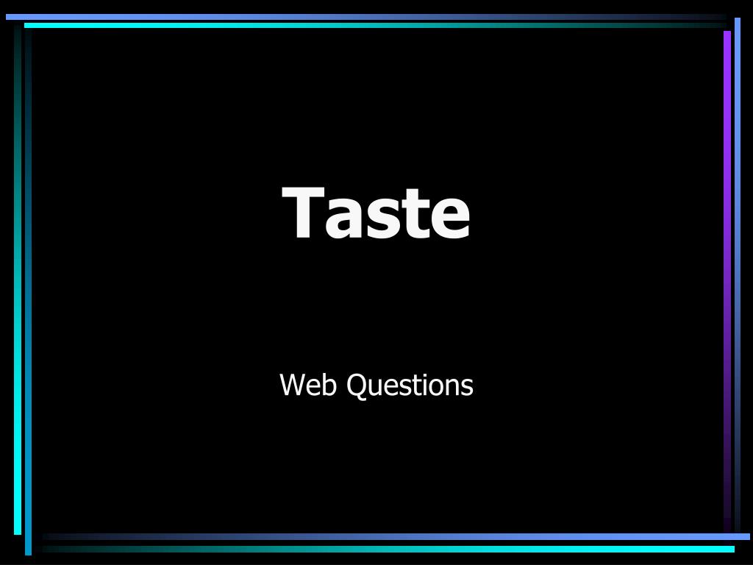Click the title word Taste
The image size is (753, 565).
point(376,213)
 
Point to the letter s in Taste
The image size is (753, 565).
point(388,219)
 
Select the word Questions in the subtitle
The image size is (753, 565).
point(410,385)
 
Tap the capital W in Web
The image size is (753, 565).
point(293,385)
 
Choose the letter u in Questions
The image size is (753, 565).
point(373,388)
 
